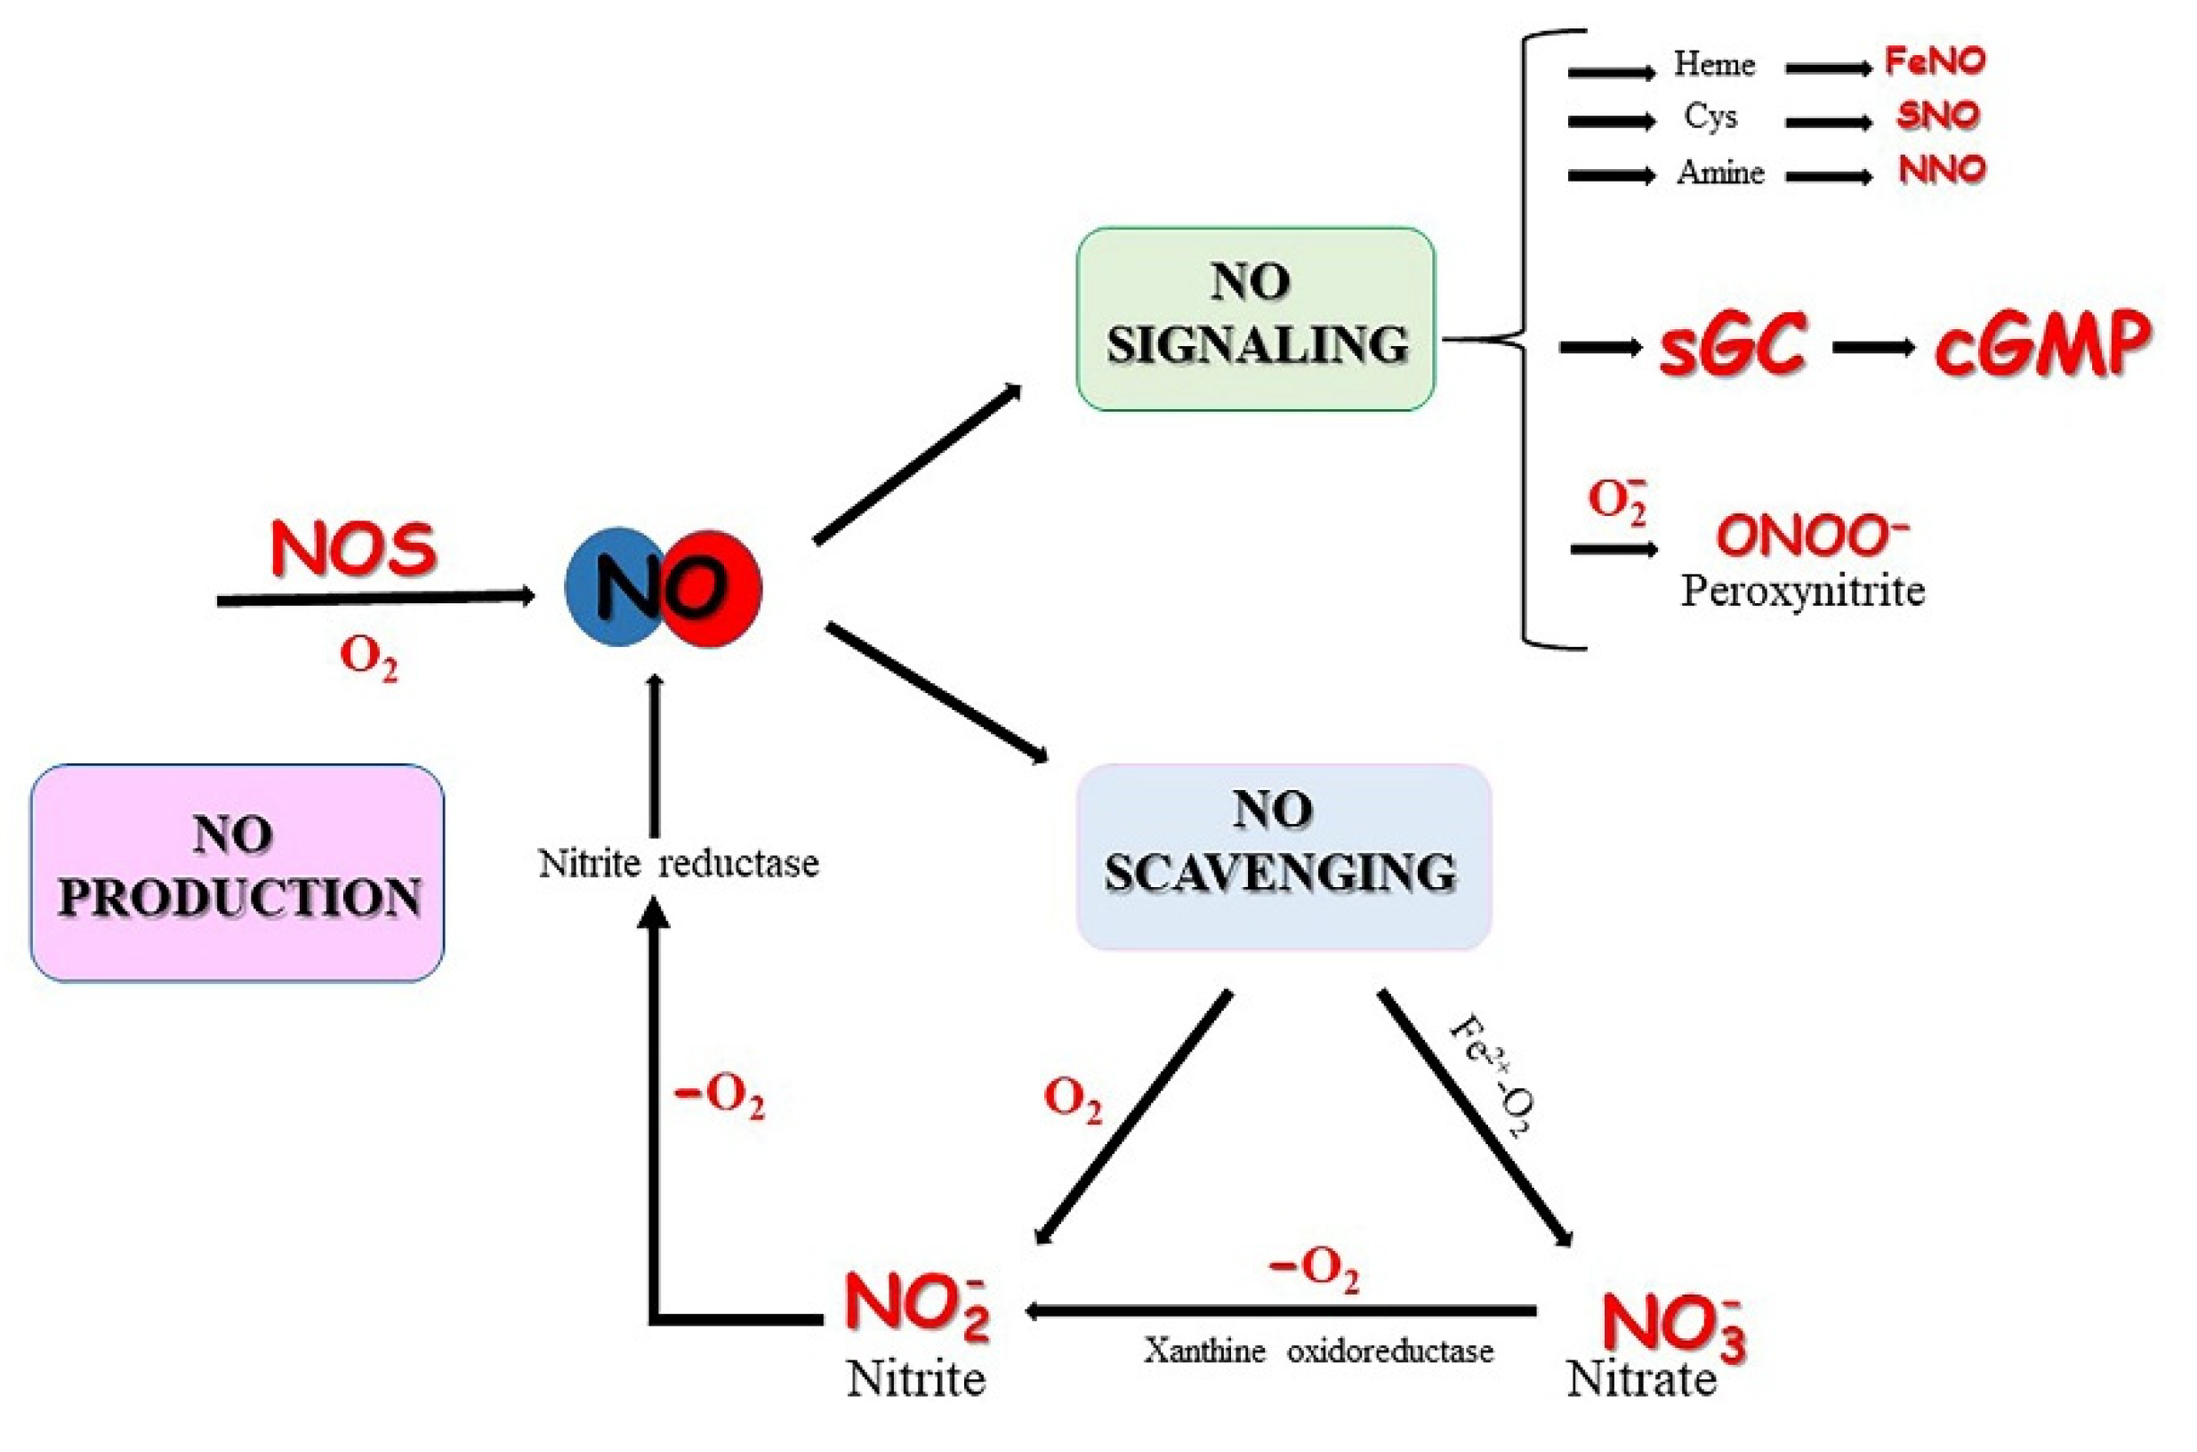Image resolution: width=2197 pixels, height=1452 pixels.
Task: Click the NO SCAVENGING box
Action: tap(1283, 857)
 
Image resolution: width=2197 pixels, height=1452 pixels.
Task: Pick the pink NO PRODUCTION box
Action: tap(237, 872)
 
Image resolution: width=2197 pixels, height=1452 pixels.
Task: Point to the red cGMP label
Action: tap(2041, 346)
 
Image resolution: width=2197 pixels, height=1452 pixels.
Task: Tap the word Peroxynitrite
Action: tap(1803, 591)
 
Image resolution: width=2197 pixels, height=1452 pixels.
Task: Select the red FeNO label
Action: tap(1935, 62)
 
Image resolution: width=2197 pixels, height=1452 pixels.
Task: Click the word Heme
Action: tap(1714, 65)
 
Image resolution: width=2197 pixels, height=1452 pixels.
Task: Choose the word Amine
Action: tap(1720, 173)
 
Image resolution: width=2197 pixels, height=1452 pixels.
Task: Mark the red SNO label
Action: tap(1937, 116)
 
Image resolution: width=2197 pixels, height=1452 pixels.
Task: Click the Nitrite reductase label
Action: tap(679, 864)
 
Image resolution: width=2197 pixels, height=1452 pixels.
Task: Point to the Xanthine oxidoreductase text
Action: tap(1318, 1351)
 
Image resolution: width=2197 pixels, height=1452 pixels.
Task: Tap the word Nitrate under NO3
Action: tap(1640, 1379)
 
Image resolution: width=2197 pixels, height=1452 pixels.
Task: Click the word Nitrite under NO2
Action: tap(915, 1379)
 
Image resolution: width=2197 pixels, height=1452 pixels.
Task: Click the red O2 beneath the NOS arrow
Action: tap(368, 657)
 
